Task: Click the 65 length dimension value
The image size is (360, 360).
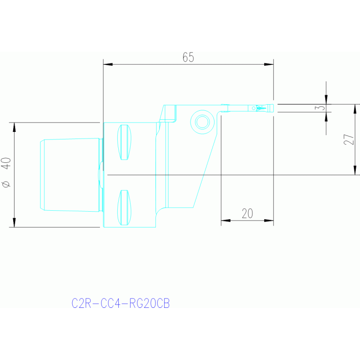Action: tap(188, 57)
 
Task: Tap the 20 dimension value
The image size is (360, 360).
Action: tap(247, 214)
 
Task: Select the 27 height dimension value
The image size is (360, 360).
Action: tap(349, 139)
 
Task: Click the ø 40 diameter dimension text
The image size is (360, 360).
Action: tap(6, 172)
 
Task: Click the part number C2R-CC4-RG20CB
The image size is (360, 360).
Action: tap(121, 303)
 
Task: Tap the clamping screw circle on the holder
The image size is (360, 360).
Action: tap(202, 122)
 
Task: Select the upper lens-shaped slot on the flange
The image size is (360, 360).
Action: tap(124, 142)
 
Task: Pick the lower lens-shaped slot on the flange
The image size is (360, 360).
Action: tap(124, 207)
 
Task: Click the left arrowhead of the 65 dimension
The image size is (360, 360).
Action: tap(108, 64)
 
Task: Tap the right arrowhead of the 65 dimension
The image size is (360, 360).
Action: tap(269, 64)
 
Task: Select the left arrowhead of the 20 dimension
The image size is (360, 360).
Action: tap(226, 221)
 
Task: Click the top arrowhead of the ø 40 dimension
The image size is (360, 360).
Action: tap(14, 127)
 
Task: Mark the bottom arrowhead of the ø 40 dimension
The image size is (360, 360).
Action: tap(14, 222)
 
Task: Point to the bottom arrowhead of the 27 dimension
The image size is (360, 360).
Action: tap(355, 170)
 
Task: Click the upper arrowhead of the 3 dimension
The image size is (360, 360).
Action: tap(326, 100)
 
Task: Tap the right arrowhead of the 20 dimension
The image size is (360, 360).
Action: tap(269, 221)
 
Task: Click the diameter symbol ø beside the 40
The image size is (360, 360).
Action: tap(6, 184)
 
